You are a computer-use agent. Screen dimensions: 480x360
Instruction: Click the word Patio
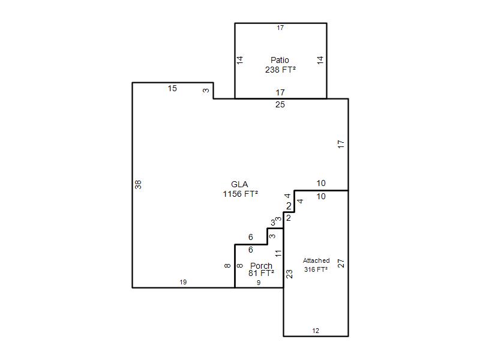tap(280, 60)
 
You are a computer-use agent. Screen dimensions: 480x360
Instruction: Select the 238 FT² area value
tap(280, 70)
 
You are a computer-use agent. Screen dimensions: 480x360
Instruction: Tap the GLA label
tap(239, 184)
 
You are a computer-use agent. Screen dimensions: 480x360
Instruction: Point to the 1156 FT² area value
tap(241, 194)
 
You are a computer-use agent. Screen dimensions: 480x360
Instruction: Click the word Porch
tap(261, 266)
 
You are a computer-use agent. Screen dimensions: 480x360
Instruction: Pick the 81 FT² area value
tap(261, 273)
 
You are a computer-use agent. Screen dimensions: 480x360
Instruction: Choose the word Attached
tap(316, 260)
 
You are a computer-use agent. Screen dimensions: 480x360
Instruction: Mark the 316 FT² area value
tap(316, 269)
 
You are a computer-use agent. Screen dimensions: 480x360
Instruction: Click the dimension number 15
tap(172, 88)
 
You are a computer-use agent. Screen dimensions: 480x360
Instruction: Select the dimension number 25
tap(280, 104)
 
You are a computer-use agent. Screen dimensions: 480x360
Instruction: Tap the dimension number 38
tap(139, 185)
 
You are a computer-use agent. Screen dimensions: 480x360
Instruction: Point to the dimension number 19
tap(183, 282)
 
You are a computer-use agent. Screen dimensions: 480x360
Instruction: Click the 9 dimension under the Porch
tap(259, 283)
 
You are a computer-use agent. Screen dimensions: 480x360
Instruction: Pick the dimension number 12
tap(316, 331)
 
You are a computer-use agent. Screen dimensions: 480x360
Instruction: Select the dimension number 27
tap(341, 263)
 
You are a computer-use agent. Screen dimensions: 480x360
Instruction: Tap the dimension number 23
tap(289, 274)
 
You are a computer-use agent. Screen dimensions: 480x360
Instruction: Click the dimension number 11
tap(278, 253)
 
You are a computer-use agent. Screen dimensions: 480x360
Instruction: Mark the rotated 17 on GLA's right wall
tap(341, 144)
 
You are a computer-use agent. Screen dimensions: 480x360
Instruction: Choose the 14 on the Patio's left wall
tap(239, 60)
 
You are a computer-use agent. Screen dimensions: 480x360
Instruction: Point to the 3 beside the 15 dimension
tap(206, 91)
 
